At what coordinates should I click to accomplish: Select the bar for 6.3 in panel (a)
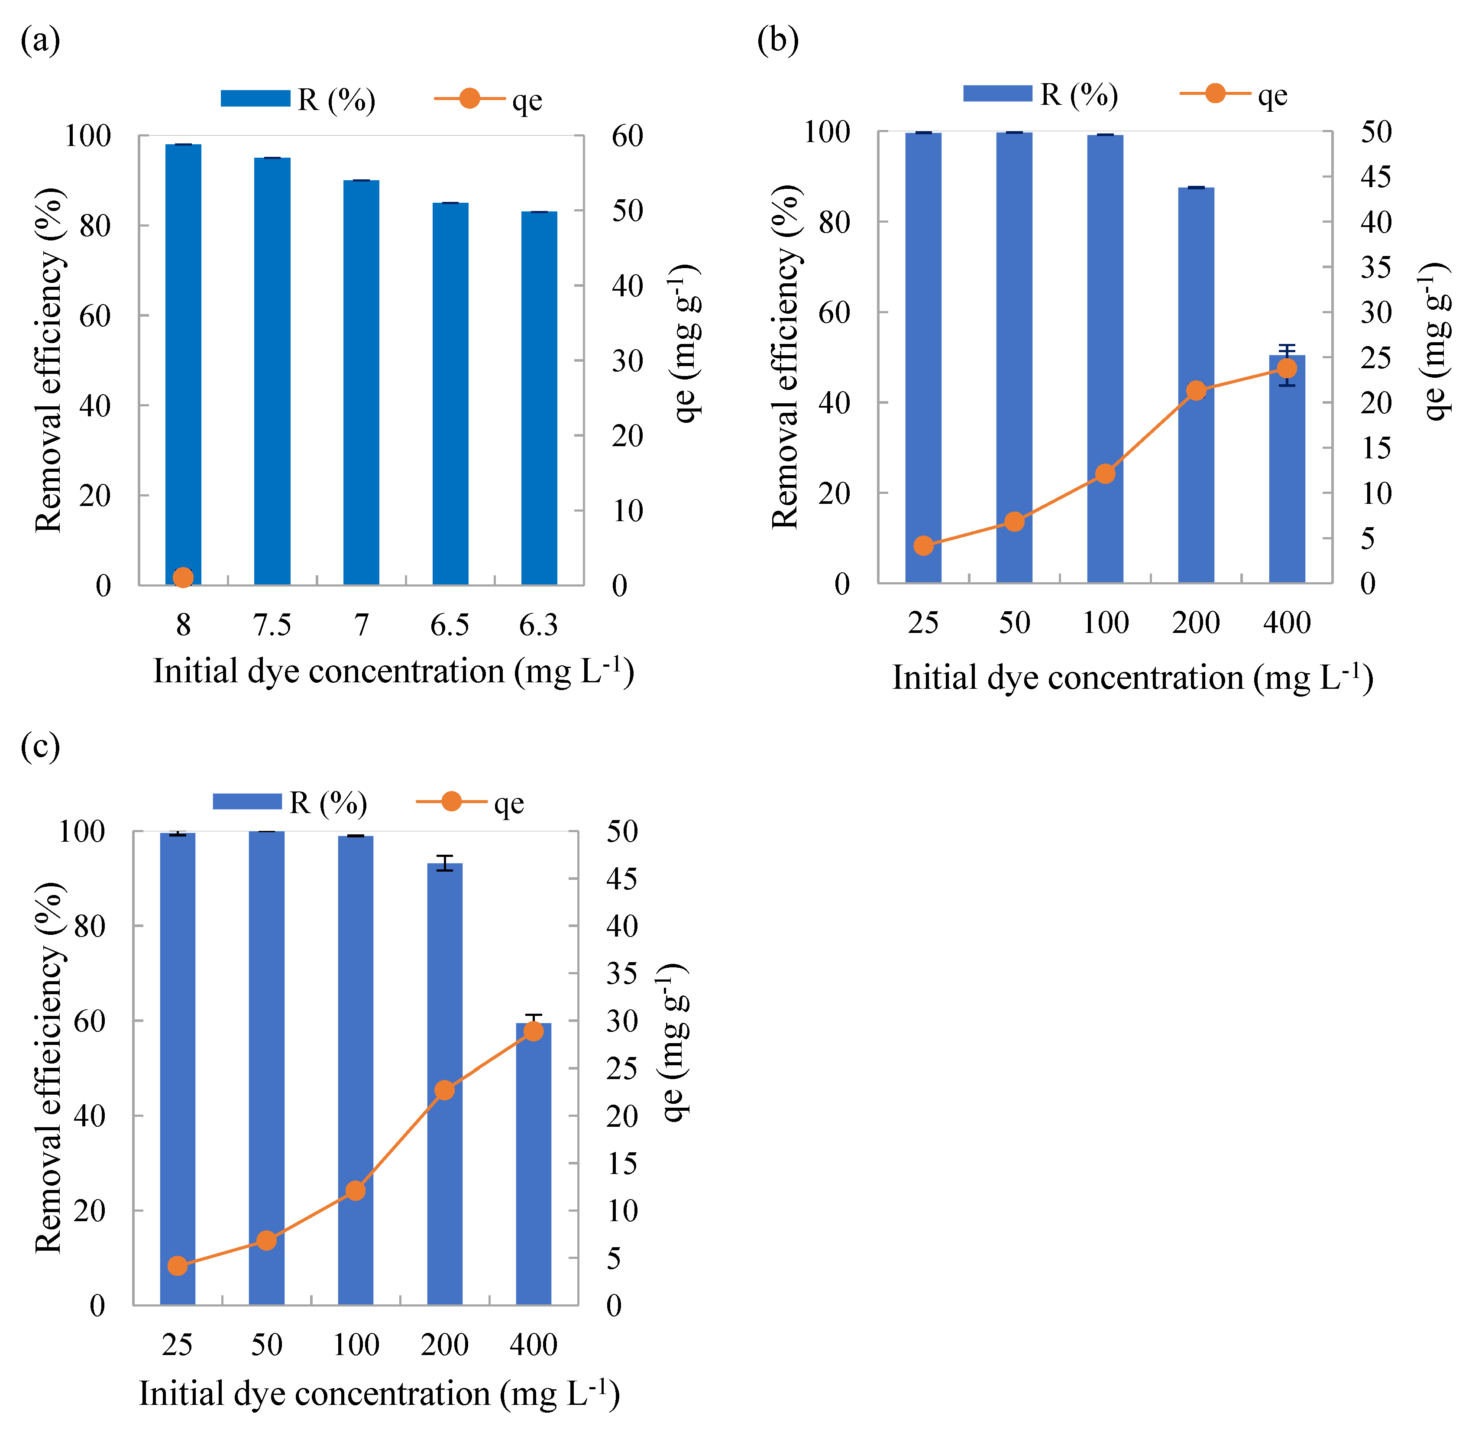539,398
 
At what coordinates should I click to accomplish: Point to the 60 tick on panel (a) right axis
627,136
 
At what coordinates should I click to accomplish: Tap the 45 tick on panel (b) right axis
1376,177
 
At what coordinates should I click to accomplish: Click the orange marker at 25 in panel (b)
924,545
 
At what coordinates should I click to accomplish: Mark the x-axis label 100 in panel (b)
1106,623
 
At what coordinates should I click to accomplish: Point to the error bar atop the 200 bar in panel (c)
445,863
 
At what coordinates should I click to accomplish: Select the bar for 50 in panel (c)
267,1067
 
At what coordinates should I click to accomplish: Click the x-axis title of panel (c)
379,1394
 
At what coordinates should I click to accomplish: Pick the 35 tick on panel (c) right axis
622,974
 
